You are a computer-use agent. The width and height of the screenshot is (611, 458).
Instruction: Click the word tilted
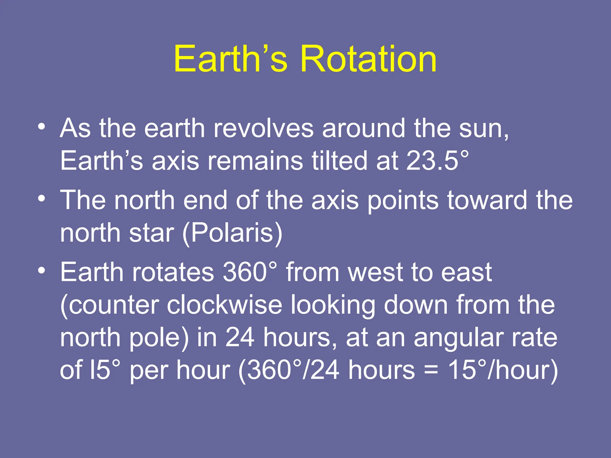pos(339,161)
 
